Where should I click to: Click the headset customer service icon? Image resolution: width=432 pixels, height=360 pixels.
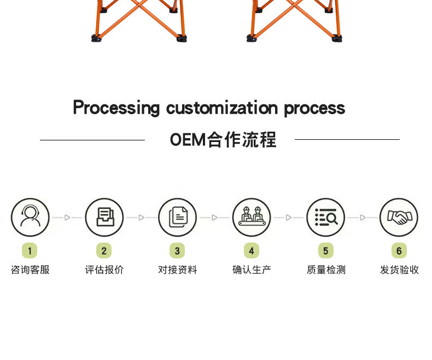click(30, 217)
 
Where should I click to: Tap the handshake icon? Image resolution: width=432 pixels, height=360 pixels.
click(399, 217)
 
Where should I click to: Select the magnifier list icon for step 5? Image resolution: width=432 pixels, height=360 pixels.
click(325, 217)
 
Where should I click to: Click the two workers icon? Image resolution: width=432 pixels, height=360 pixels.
click(252, 217)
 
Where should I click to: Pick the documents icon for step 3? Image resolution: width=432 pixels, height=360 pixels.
click(178, 217)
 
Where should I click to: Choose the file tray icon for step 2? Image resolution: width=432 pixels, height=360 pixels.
click(104, 217)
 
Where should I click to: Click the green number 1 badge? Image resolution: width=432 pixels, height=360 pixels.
click(30, 251)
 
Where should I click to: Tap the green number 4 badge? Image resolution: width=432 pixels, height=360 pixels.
click(252, 251)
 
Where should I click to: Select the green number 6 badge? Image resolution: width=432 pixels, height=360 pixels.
click(399, 251)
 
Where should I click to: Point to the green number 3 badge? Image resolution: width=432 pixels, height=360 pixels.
click(177, 251)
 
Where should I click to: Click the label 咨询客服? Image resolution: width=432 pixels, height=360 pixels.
click(30, 270)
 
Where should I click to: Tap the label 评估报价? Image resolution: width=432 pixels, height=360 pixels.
click(104, 270)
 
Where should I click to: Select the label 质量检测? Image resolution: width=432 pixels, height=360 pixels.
click(326, 270)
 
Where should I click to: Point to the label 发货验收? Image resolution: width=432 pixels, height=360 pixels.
click(400, 270)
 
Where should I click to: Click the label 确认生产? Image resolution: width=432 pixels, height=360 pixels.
click(252, 270)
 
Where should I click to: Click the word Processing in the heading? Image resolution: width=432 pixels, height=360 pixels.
click(116, 108)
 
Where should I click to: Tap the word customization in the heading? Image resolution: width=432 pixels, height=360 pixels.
click(222, 108)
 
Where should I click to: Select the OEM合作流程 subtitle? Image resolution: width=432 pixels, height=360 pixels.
click(223, 140)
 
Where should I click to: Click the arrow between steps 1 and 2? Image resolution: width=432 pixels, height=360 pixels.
click(67, 217)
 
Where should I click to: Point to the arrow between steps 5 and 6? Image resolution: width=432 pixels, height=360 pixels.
click(363, 217)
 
